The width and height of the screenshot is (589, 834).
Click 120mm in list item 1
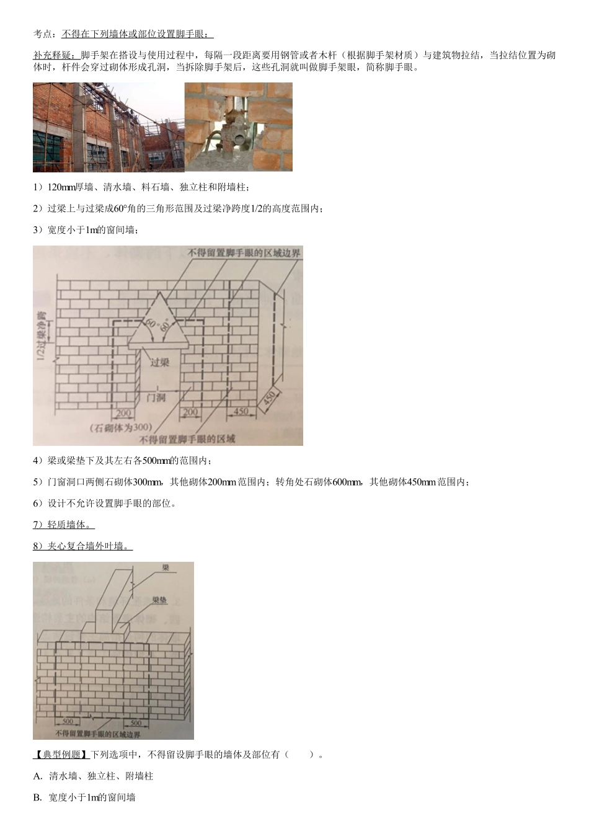tap(61, 187)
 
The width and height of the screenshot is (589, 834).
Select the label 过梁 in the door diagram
tap(159, 362)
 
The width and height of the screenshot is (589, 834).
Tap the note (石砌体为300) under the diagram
tap(121, 427)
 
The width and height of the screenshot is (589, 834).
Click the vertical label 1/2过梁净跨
tap(41, 335)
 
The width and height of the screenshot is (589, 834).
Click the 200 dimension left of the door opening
tap(123, 412)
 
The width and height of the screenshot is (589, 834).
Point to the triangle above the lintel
tap(159, 322)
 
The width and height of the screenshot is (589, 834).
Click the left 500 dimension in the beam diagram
tap(68, 721)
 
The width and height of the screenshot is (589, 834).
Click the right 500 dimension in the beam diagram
tap(136, 722)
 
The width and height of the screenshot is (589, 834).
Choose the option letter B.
tap(37, 797)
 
